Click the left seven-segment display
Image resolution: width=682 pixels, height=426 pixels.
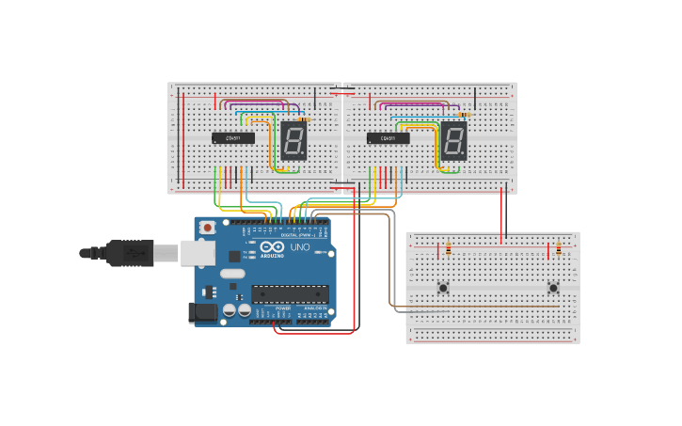(293, 140)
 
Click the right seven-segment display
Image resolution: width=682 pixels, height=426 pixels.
(453, 140)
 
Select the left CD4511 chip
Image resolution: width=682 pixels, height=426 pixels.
(232, 138)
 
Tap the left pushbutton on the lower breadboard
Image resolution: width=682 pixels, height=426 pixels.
(442, 288)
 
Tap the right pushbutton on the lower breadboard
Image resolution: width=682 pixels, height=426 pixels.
(553, 288)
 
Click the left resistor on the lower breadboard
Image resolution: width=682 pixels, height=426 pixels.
(448, 249)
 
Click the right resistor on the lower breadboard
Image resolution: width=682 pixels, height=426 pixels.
(559, 249)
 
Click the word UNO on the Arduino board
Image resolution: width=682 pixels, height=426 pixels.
(299, 247)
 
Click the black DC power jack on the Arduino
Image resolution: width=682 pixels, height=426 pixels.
(203, 312)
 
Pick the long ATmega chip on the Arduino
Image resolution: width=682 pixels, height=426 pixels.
(290, 293)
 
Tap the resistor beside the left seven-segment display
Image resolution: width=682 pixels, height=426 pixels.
(302, 120)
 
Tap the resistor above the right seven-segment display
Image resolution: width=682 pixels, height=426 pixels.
(464, 115)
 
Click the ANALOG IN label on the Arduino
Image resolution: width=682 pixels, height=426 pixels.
(314, 308)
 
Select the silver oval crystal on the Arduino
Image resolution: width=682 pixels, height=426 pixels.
(232, 274)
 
